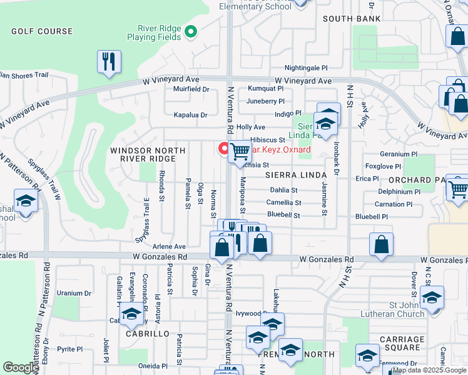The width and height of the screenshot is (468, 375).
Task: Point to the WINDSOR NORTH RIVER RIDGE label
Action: click(148, 155)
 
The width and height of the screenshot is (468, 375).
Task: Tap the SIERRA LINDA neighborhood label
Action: click(296, 174)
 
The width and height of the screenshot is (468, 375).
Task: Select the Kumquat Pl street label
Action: click(265, 89)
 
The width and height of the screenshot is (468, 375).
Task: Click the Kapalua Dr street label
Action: click(190, 115)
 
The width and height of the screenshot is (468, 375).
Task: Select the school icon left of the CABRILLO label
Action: click(131, 315)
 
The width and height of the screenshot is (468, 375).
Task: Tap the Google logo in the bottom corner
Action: click(21, 367)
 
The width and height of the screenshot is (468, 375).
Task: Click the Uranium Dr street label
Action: click(74, 292)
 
